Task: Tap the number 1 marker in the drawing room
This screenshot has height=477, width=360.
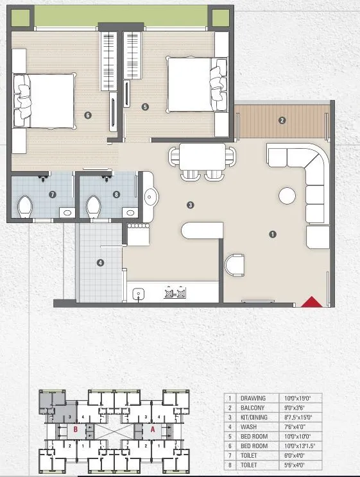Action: pyautogui.click(x=273, y=235)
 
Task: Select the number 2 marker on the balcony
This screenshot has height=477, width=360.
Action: pyautogui.click(x=282, y=120)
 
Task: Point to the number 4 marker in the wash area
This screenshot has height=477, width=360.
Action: pyautogui.click(x=100, y=262)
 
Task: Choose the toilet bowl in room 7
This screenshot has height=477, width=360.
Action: pyautogui.click(x=25, y=206)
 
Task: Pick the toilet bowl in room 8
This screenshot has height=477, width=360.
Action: pyautogui.click(x=93, y=207)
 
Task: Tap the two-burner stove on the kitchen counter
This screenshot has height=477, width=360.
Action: pyautogui.click(x=175, y=294)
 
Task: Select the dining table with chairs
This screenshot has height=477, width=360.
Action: pyautogui.click(x=202, y=160)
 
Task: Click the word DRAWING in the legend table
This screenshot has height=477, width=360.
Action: pyautogui.click(x=252, y=398)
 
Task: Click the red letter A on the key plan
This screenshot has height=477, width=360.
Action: pyautogui.click(x=153, y=430)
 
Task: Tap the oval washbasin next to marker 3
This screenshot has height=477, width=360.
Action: pyautogui.click(x=151, y=195)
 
